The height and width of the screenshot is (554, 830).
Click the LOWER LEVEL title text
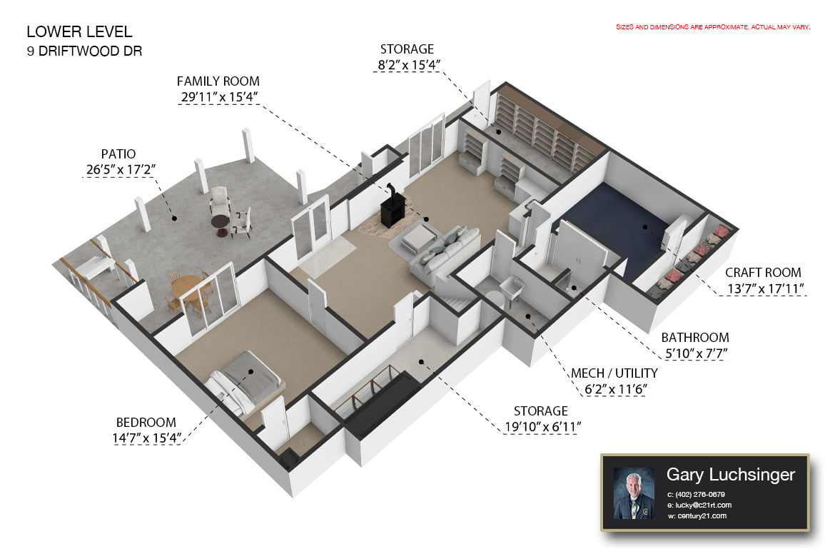pos(79,31)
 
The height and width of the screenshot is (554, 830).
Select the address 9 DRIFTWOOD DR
pos(84,51)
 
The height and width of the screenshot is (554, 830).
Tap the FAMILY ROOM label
pos(218,81)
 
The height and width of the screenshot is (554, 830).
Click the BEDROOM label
pos(146,423)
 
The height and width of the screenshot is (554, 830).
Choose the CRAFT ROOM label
pos(763,273)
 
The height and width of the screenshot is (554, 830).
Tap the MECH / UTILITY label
pos(614,373)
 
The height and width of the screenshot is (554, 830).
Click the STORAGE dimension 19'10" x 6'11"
pos(540,427)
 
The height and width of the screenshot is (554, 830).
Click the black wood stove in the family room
pos(393,211)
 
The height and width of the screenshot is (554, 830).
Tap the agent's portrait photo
pos(633,493)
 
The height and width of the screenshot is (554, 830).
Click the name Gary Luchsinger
pos(730,475)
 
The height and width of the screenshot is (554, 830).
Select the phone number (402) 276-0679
pos(700,494)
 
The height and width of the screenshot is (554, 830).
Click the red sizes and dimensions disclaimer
pos(713,26)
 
